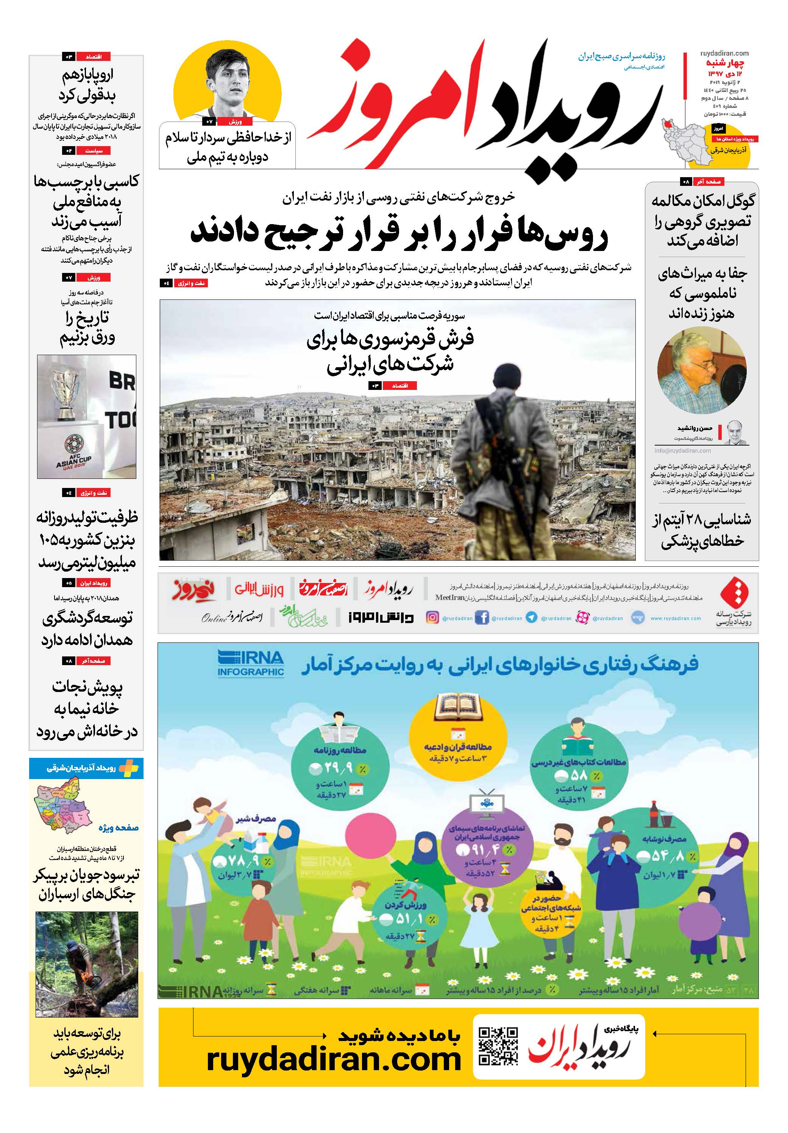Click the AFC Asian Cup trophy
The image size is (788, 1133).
pyautogui.click(x=68, y=394)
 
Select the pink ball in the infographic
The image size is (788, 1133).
pyautogui.click(x=371, y=838)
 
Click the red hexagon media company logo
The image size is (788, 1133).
pyautogui.click(x=734, y=593)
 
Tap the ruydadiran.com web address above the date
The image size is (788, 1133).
pyautogui.click(x=724, y=53)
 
